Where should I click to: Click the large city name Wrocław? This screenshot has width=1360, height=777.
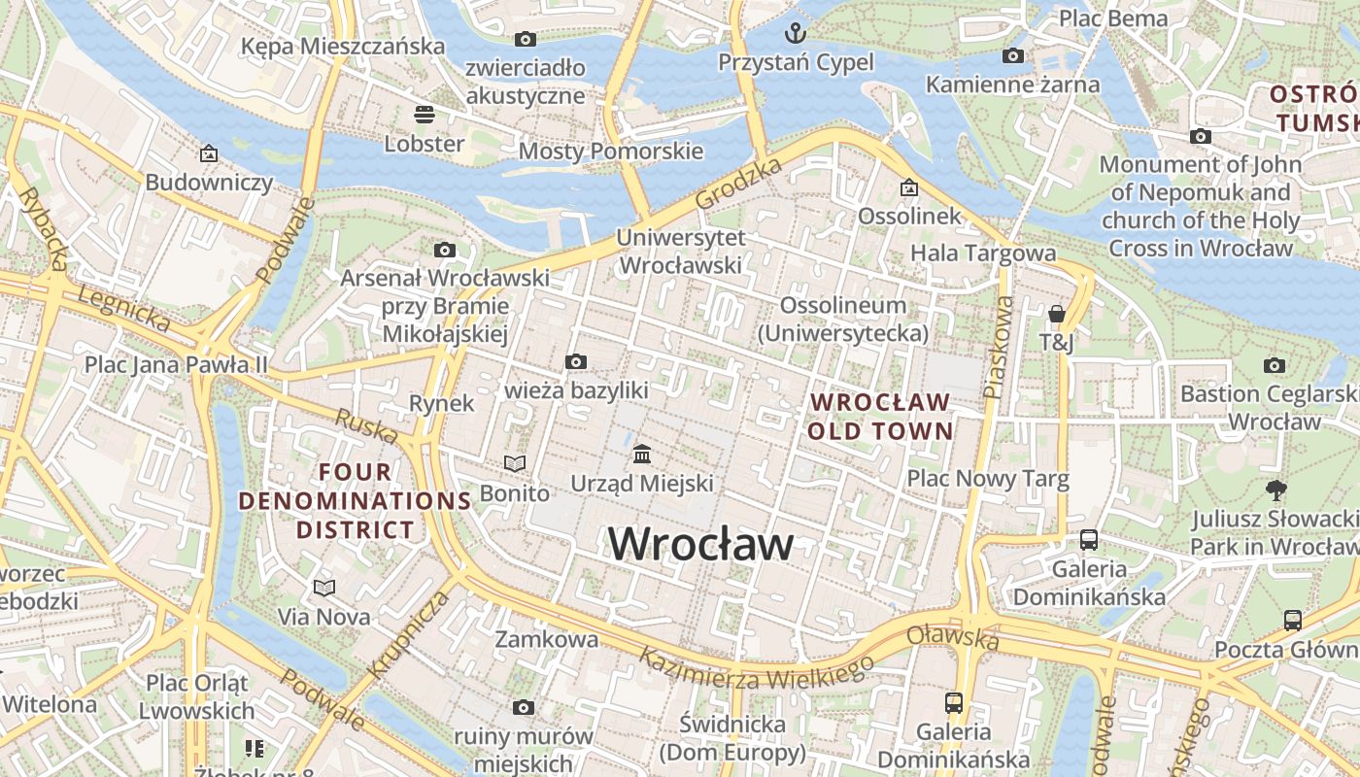click(x=700, y=544)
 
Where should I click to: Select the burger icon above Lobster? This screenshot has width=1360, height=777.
click(x=424, y=115)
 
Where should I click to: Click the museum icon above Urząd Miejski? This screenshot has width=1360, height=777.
click(x=641, y=454)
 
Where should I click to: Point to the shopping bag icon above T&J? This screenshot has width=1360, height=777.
click(x=1056, y=314)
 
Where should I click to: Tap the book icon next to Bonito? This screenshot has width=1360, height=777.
click(x=514, y=464)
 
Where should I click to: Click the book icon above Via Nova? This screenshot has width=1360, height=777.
click(x=323, y=588)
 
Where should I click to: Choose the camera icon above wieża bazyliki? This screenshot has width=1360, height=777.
click(x=575, y=362)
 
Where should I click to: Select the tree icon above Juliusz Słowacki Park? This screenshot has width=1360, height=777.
click(x=1275, y=490)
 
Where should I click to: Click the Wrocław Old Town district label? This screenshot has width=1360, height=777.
click(x=880, y=416)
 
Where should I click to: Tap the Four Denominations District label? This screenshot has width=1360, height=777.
click(x=355, y=501)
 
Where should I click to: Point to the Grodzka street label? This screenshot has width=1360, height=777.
click(x=738, y=184)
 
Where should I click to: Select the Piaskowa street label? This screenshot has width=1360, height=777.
click(x=997, y=347)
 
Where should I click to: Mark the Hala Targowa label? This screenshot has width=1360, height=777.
click(x=982, y=253)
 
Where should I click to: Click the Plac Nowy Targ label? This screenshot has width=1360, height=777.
click(x=987, y=478)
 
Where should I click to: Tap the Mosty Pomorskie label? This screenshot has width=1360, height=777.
click(x=610, y=152)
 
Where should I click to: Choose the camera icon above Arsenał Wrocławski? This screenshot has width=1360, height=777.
click(x=444, y=251)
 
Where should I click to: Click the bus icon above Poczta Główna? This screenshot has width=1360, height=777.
click(x=1292, y=620)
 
